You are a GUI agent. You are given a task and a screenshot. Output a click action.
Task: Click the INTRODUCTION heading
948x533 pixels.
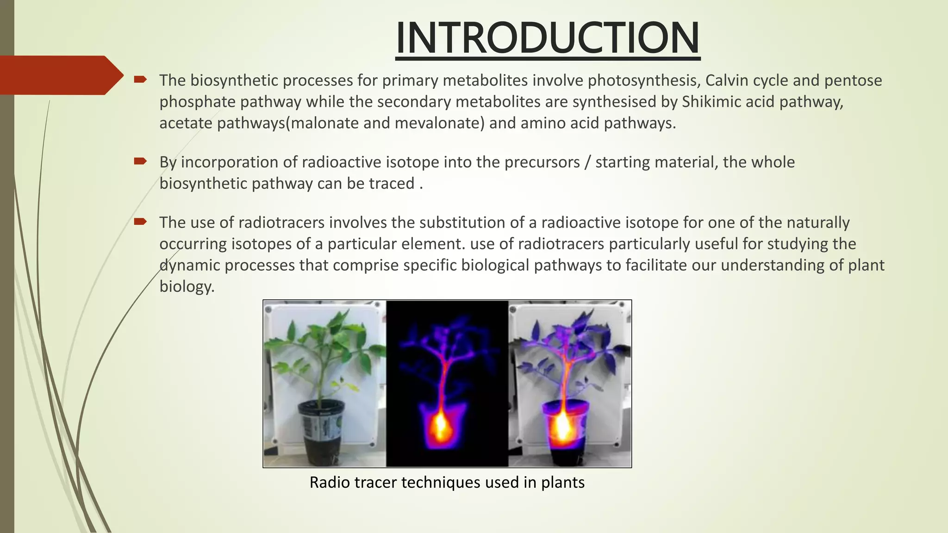(x=548, y=38)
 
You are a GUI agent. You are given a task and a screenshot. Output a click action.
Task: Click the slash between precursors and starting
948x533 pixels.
(x=587, y=162)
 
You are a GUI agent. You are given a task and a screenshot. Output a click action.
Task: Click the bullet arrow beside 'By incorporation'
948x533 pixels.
(x=140, y=161)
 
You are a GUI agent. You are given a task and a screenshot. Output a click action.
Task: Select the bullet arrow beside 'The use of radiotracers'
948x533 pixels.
(x=140, y=222)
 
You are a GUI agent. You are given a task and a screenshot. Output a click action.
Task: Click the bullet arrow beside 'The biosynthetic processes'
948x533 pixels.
(x=140, y=80)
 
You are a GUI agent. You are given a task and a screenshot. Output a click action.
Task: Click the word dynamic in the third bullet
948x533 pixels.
(x=190, y=265)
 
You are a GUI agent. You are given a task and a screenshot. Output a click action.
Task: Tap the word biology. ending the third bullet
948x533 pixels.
(x=187, y=286)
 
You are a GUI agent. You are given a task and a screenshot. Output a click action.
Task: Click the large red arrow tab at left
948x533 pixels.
(x=60, y=75)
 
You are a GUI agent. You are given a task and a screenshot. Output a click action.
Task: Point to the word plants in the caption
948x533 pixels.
(x=563, y=483)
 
